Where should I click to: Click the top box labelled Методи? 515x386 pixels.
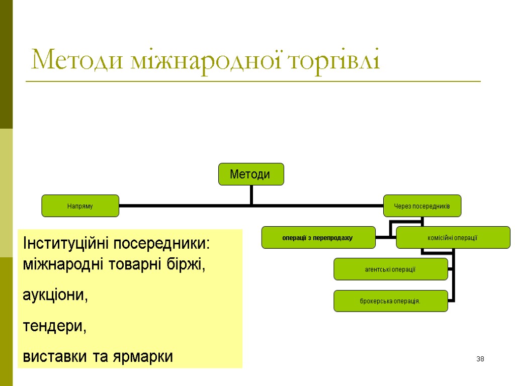coord(250,174)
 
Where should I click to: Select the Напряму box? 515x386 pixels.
coord(80,206)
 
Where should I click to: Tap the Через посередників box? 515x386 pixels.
coord(422,206)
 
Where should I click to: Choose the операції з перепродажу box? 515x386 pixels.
coord(318,237)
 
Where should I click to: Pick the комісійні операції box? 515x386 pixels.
coord(453,237)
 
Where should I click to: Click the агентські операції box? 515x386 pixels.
coord(390,269)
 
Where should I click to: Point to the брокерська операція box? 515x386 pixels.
coord(390,301)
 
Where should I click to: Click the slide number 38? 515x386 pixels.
coord(480,359)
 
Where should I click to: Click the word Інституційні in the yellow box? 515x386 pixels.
coord(66,243)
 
